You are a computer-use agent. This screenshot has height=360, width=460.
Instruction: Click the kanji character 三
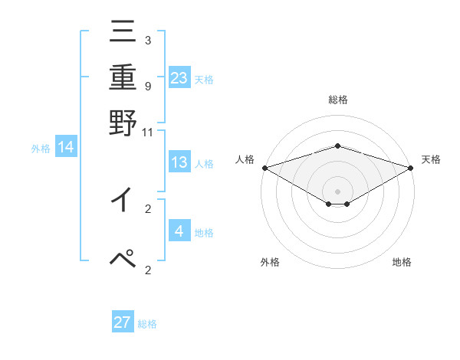coord(123,33)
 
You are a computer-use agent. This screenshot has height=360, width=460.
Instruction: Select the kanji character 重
coord(123,77)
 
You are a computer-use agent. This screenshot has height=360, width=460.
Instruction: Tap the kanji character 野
coord(123,123)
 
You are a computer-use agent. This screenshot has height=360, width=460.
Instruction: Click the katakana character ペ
coord(123,259)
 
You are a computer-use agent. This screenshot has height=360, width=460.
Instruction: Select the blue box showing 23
coord(179,77)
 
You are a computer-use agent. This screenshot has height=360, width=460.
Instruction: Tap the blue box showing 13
coord(179,162)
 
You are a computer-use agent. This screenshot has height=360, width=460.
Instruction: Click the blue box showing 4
coord(179,231)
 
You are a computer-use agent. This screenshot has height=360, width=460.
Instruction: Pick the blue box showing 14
coord(66,147)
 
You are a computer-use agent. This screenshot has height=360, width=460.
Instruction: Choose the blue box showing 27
coord(123,322)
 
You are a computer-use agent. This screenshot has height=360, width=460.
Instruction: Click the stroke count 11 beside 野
coord(148,133)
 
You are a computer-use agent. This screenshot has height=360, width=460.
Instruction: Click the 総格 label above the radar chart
coord(338,100)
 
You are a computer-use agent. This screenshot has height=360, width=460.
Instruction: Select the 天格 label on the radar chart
coord(431,159)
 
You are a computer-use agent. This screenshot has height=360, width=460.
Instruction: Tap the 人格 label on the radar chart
coord(245,159)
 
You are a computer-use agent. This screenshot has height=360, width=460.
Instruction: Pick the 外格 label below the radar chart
coord(269,262)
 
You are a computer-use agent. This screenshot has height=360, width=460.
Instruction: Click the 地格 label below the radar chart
coord(402,262)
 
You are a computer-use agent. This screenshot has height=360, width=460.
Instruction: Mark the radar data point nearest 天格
coord(411,167)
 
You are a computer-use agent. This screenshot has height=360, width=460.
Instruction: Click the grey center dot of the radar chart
coord(338,191)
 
